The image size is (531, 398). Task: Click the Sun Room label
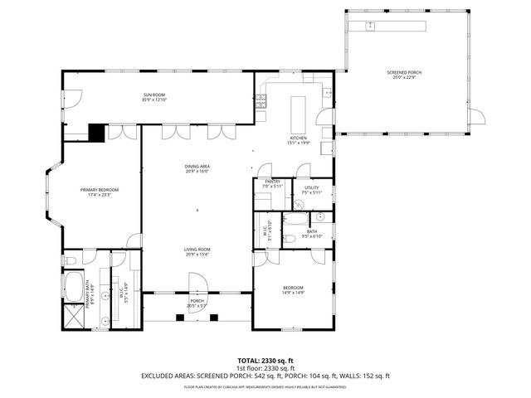point(154,96)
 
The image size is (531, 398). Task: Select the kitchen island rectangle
point(297,109)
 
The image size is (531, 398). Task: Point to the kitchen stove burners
point(261,102)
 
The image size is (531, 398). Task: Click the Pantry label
point(271,181)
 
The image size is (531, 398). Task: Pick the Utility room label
point(311,188)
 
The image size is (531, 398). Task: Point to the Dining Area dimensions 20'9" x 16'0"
point(197,172)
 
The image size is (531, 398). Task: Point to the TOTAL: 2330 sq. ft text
point(265,360)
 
